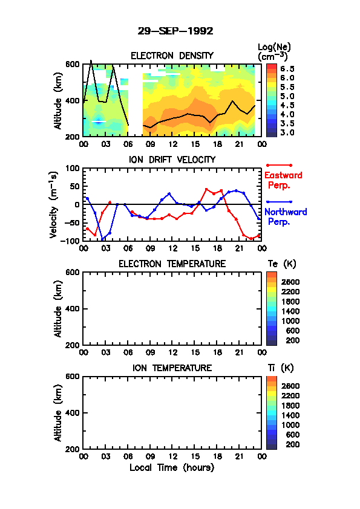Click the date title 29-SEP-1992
click(175, 31)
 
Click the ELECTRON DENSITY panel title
click(172, 56)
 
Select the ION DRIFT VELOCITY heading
click(172, 160)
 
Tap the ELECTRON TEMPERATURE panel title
click(172, 264)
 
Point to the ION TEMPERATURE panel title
click(172, 368)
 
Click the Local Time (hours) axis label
click(172, 468)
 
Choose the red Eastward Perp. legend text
click(283, 181)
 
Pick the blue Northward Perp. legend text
click(286, 217)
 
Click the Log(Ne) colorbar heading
click(274, 52)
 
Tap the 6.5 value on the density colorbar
click(287, 69)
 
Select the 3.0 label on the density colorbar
click(287, 132)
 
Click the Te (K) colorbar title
click(282, 264)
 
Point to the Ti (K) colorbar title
click(281, 368)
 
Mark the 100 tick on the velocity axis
click(73, 168)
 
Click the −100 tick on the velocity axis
click(70, 241)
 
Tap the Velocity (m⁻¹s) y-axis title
click(54, 204)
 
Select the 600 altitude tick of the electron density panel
click(73, 64)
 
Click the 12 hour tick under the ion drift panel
click(172, 248)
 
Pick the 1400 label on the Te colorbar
click(290, 311)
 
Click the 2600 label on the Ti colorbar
click(290, 386)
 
